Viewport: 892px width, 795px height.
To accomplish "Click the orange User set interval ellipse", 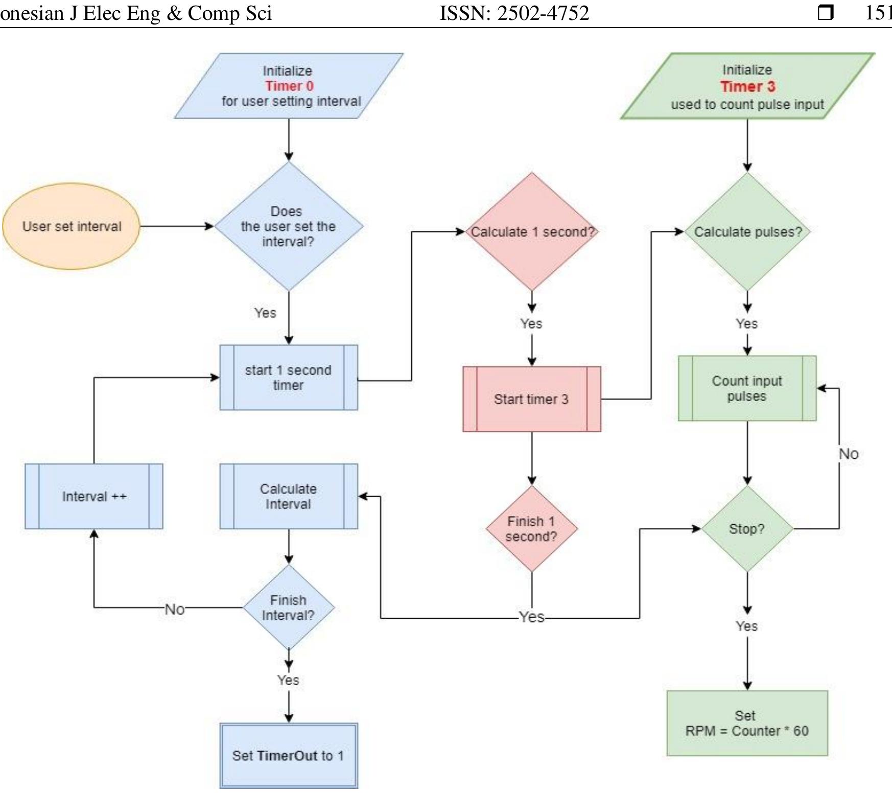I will [72, 226].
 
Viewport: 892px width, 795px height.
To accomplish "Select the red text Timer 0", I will [289, 86].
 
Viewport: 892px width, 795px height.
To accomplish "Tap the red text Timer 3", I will [747, 86].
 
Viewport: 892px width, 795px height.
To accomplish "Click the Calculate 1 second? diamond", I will [532, 232].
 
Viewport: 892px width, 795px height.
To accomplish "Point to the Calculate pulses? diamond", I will [747, 232].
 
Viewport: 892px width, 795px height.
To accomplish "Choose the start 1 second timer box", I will [289, 378].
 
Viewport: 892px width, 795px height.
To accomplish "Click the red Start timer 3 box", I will [531, 399].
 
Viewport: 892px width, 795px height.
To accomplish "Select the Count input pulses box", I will [747, 388].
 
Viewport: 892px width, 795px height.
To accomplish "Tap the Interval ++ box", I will [94, 496].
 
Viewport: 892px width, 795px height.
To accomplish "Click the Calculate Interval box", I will [289, 496].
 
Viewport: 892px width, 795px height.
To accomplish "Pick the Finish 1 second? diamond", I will [531, 529].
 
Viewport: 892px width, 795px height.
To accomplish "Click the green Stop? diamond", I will [747, 529].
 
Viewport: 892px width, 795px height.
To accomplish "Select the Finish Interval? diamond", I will [289, 607].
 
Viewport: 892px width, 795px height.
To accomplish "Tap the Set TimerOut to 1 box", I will [289, 756].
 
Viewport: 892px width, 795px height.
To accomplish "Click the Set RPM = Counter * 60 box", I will [747, 723].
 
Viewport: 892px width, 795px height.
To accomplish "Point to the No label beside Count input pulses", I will [848, 454].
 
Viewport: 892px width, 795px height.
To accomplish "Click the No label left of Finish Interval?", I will [175, 609].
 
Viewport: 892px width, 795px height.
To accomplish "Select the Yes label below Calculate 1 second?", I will [531, 323].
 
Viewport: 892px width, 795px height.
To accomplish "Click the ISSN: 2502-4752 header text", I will [514, 13].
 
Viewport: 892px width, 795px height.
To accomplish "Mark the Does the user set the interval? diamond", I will [289, 226].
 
